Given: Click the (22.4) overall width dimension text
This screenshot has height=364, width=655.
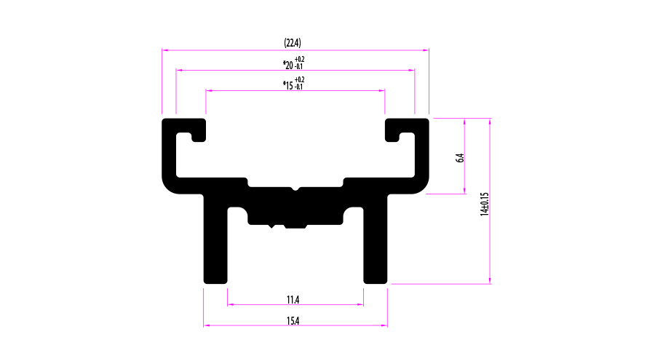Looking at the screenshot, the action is pyautogui.click(x=293, y=43).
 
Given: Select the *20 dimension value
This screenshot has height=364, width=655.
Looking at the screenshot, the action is pyautogui.click(x=288, y=65).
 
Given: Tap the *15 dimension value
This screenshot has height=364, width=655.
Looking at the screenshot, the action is pyautogui.click(x=288, y=85).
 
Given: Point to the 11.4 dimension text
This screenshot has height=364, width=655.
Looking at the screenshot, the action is pyautogui.click(x=293, y=300).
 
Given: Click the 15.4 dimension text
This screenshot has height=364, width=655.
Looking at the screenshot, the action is pyautogui.click(x=293, y=320).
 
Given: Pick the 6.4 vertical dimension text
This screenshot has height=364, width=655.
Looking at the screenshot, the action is pyautogui.click(x=460, y=158).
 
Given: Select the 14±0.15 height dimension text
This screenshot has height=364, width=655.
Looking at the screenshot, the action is pyautogui.click(x=484, y=204).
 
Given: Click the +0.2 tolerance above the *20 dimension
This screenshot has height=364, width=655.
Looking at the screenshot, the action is pyautogui.click(x=300, y=60).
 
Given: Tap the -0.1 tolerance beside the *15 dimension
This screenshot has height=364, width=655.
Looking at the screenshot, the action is pyautogui.click(x=298, y=87).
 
